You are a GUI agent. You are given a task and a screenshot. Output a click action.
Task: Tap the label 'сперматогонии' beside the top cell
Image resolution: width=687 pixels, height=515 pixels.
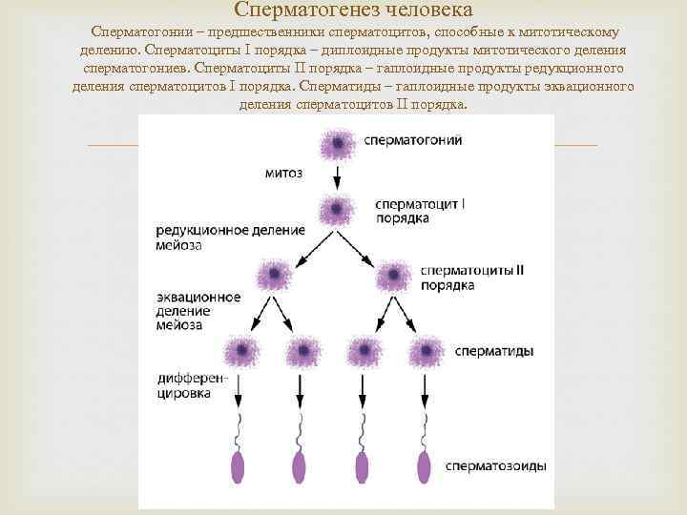(413, 140)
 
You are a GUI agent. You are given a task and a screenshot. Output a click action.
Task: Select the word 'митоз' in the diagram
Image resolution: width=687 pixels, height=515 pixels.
(283, 175)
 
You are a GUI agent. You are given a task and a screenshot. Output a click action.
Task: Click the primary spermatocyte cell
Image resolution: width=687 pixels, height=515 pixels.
(335, 210)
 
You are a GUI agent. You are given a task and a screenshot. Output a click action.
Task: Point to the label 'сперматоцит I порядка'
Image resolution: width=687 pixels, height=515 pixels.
(421, 211)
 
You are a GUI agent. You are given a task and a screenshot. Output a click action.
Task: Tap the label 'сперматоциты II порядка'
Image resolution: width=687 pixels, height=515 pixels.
(471, 277)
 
